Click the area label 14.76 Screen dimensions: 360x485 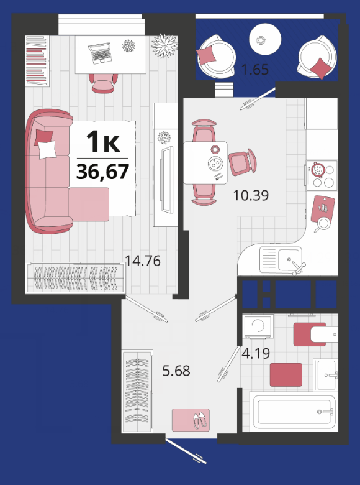(143, 261)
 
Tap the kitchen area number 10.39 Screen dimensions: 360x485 (251, 195)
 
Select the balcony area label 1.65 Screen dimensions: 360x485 (254, 70)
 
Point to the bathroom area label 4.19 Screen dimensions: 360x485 (256, 353)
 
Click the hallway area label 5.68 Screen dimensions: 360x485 (176, 370)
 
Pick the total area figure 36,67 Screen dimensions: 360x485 (102, 172)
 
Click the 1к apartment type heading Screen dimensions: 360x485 (103, 142)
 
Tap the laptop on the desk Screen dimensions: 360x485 (100, 53)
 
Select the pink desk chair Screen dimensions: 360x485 (103, 83)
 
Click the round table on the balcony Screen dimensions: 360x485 (265, 40)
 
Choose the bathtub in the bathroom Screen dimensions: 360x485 (293, 412)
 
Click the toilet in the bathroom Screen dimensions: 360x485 (315, 335)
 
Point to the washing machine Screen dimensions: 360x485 (258, 326)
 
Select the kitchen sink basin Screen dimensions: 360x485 (289, 259)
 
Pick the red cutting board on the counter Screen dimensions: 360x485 (323, 209)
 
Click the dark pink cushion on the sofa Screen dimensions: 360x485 (43, 137)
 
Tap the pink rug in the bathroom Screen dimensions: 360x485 (286, 374)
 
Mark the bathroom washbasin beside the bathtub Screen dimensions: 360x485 (326, 375)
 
